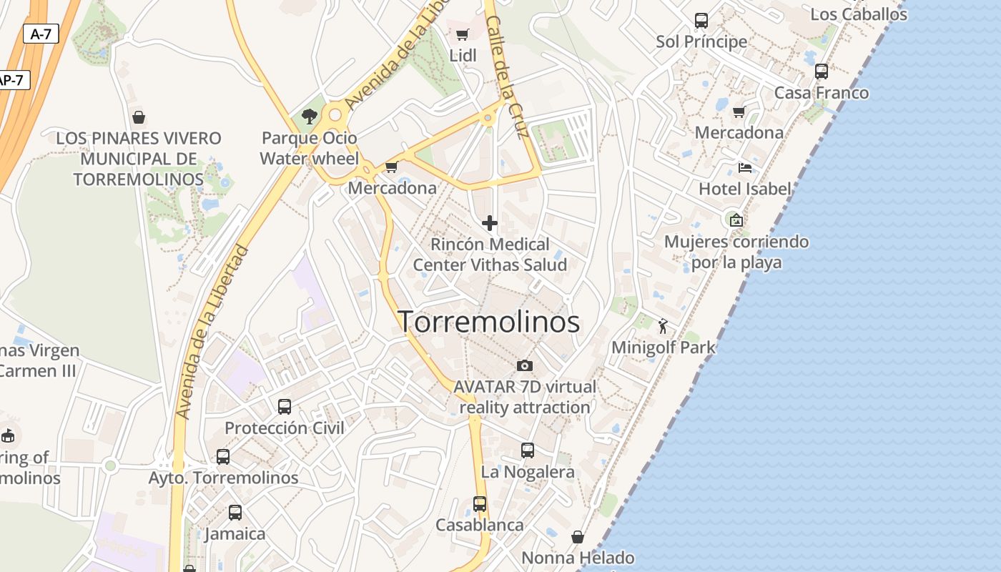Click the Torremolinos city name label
click(488, 322)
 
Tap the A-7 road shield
click(41, 34)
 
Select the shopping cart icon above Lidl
click(463, 34)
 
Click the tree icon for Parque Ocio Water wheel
click(309, 116)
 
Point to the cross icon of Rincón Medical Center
click(490, 224)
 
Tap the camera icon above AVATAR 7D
click(525, 365)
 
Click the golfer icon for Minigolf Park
click(663, 326)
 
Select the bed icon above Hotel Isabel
click(745, 168)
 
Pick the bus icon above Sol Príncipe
click(701, 20)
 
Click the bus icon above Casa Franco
click(822, 71)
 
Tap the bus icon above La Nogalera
click(528, 450)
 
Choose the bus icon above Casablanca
click(480, 503)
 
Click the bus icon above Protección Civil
click(285, 407)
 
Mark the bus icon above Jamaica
click(235, 513)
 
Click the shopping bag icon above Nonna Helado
click(578, 536)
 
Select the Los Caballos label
click(858, 14)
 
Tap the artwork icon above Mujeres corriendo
click(736, 220)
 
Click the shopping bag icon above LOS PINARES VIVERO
click(139, 117)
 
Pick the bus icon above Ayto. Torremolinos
click(223, 456)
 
